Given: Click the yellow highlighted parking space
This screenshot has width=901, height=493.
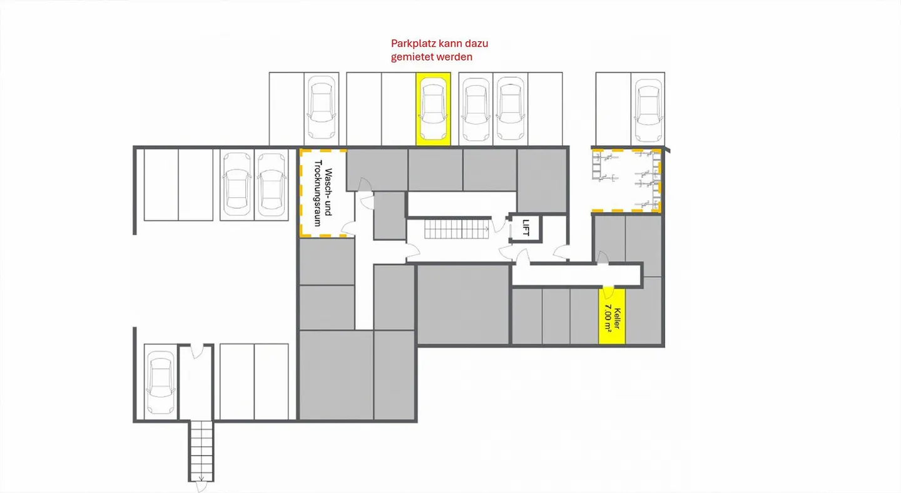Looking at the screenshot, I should [433, 109].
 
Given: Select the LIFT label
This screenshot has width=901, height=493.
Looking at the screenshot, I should [526, 227].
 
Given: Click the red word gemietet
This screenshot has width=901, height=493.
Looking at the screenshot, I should [413, 56].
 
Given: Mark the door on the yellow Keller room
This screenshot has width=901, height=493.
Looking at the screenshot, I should [608, 292].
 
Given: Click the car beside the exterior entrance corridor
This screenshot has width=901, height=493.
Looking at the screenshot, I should [160, 383].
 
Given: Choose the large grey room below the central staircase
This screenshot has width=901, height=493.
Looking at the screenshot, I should [463, 304].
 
